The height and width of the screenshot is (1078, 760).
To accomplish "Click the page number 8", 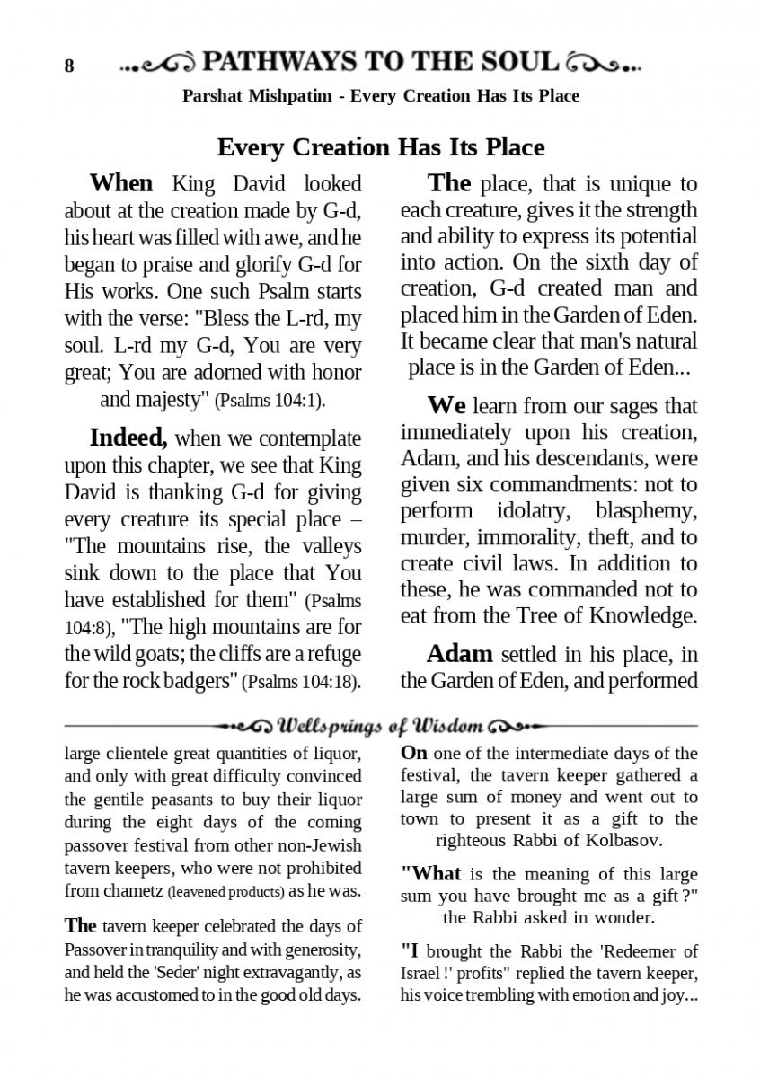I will click(x=68, y=66).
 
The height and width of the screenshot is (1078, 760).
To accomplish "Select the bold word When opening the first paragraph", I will click(x=121, y=183).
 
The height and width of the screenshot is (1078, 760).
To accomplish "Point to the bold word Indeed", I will click(x=128, y=438).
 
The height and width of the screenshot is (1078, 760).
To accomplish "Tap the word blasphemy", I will click(x=646, y=511).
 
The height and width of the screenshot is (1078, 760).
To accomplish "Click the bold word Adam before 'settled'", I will click(x=459, y=653).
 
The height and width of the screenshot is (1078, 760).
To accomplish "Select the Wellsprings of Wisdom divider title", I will click(x=382, y=725).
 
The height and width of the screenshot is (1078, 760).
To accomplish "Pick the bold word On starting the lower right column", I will click(x=413, y=753).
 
